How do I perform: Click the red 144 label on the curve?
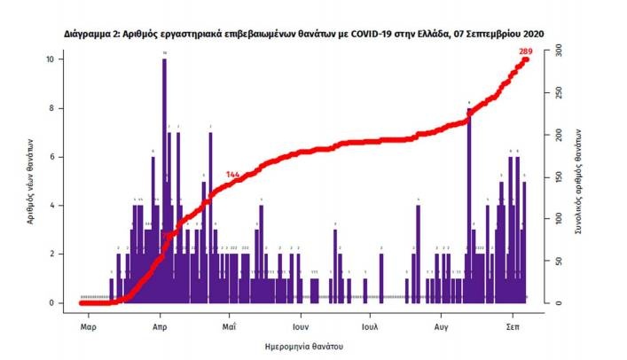tap(234, 174)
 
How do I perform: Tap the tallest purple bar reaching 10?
tap(164, 177)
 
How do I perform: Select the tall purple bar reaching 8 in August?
tap(468, 204)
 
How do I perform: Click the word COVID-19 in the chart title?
tap(355, 34)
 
